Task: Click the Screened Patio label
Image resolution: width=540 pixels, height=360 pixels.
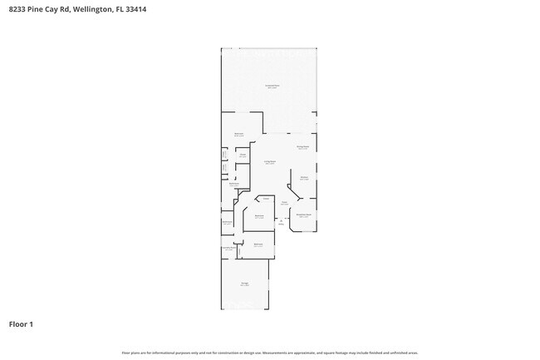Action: pos(272,86)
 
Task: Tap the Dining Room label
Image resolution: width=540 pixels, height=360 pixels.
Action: pos(303,147)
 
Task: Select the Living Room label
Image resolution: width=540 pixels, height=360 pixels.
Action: pos(270,161)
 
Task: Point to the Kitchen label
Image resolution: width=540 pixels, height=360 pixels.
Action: pos(304,177)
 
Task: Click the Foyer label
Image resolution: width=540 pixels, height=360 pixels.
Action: pos(284,202)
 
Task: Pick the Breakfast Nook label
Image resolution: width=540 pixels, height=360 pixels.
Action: pos(304,215)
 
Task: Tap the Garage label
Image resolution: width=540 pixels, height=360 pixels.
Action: pos(245,284)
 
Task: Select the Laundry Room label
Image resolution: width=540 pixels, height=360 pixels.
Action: pos(228,248)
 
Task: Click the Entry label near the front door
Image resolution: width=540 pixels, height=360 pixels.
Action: pos(281,221)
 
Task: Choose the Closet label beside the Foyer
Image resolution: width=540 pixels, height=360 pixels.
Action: pos(266,199)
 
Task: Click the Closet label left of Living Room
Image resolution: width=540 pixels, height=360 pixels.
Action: pos(243,155)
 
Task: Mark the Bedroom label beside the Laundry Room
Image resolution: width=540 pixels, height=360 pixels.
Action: pos(258,244)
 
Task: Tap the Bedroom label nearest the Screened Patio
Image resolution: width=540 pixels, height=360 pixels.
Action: pos(238,134)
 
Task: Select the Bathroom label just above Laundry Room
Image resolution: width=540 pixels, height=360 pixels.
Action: pos(227,222)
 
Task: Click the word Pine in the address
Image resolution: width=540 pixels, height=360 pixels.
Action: pos(39,10)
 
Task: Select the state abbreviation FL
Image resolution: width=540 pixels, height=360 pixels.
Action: pos(125,10)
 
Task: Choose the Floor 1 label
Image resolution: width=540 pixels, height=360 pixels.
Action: pos(21,324)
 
